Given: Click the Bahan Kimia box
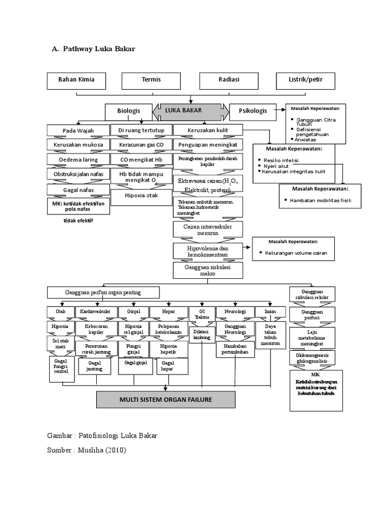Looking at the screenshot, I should coord(76,80).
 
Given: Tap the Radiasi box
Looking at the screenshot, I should coord(229,80).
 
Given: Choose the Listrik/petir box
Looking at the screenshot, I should coord(306,80).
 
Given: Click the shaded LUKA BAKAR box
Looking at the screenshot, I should coord(191,110).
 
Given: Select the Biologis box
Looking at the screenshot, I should coord(128,110).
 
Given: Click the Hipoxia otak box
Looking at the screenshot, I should coord(141,198).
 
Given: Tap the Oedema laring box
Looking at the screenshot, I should coord(79,160).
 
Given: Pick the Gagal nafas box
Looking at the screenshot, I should coord(79,190).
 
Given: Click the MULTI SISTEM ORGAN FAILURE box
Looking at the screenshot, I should coord(166,400).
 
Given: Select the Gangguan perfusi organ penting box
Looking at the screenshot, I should coord(103,292).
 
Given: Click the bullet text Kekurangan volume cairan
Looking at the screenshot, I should coord(296,252).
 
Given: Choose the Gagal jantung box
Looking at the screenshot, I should coord(95,366).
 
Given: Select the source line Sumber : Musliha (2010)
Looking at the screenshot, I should coord(86,450).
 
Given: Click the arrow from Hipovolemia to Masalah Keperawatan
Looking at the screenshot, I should coord(247,247).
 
